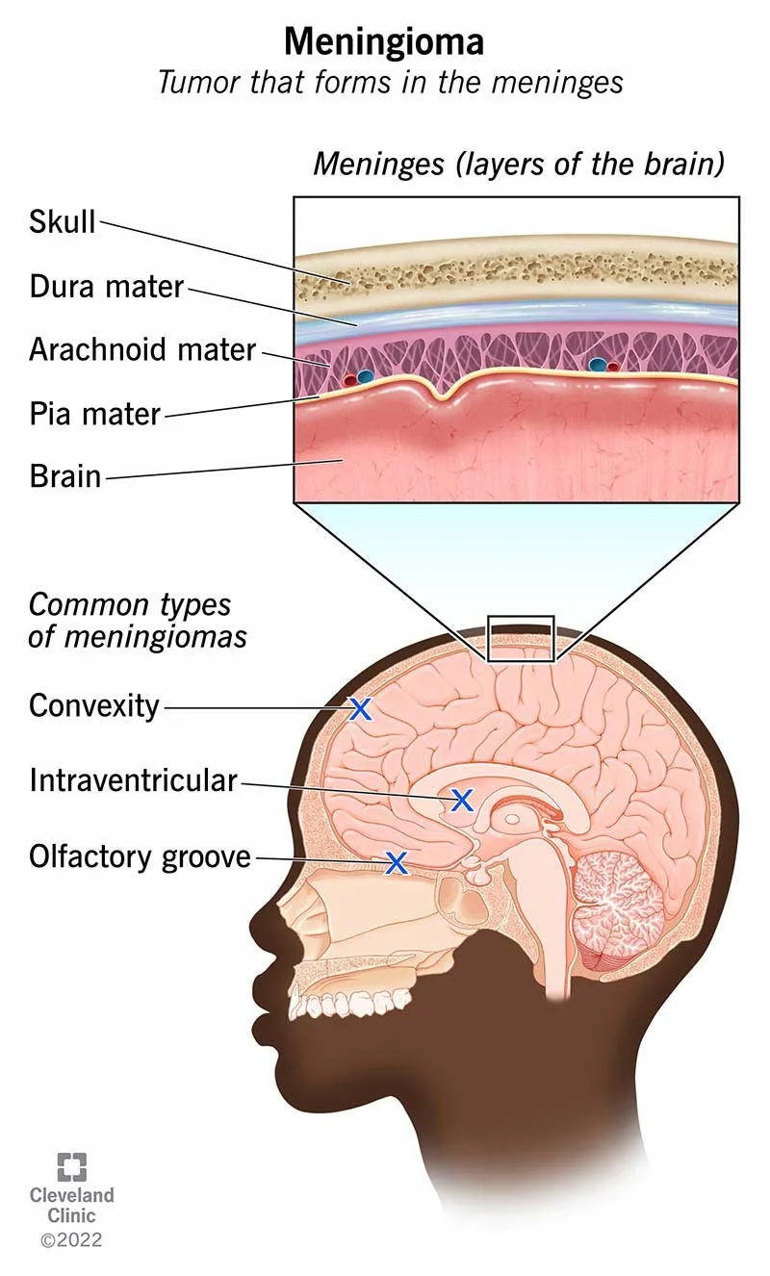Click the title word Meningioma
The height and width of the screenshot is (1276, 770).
pyautogui.click(x=384, y=41)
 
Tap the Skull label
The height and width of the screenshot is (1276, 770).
pyautogui.click(x=63, y=222)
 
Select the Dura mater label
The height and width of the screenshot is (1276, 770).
pyautogui.click(x=106, y=286)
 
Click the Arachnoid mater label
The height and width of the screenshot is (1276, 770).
pyautogui.click(x=142, y=348)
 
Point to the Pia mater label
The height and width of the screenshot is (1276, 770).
pyautogui.click(x=94, y=414)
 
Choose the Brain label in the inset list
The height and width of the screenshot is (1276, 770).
pyautogui.click(x=65, y=475)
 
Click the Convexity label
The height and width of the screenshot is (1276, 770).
pyautogui.click(x=93, y=705)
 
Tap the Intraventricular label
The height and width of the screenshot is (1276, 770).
pyautogui.click(x=133, y=779)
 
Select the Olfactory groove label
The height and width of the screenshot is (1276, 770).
pyautogui.click(x=140, y=855)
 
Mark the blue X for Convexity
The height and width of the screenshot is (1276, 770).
pyautogui.click(x=360, y=709)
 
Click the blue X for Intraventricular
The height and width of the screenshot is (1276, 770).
pyautogui.click(x=463, y=799)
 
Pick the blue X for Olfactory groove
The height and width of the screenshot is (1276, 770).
pyautogui.click(x=396, y=862)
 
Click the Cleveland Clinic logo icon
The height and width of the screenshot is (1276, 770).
pyautogui.click(x=71, y=1166)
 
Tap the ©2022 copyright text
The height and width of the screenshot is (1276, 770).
pyautogui.click(x=71, y=1240)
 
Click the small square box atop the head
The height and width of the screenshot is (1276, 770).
pyautogui.click(x=521, y=638)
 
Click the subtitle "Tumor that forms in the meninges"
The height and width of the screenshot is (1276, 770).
pyautogui.click(x=390, y=83)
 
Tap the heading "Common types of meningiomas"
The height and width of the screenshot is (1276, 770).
pyautogui.click(x=137, y=621)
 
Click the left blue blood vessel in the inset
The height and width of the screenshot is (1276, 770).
pyautogui.click(x=365, y=377)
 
